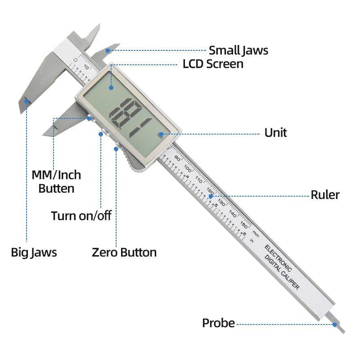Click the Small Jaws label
click(238, 50)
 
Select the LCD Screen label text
click(213, 64)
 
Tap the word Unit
click(275, 133)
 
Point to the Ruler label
click(325, 195)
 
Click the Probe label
click(218, 323)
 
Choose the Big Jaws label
click(34, 252)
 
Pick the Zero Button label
click(124, 252)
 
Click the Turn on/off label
click(81, 216)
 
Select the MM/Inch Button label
click(56, 181)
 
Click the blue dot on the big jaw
click(27, 101)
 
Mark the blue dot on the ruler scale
click(210, 196)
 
